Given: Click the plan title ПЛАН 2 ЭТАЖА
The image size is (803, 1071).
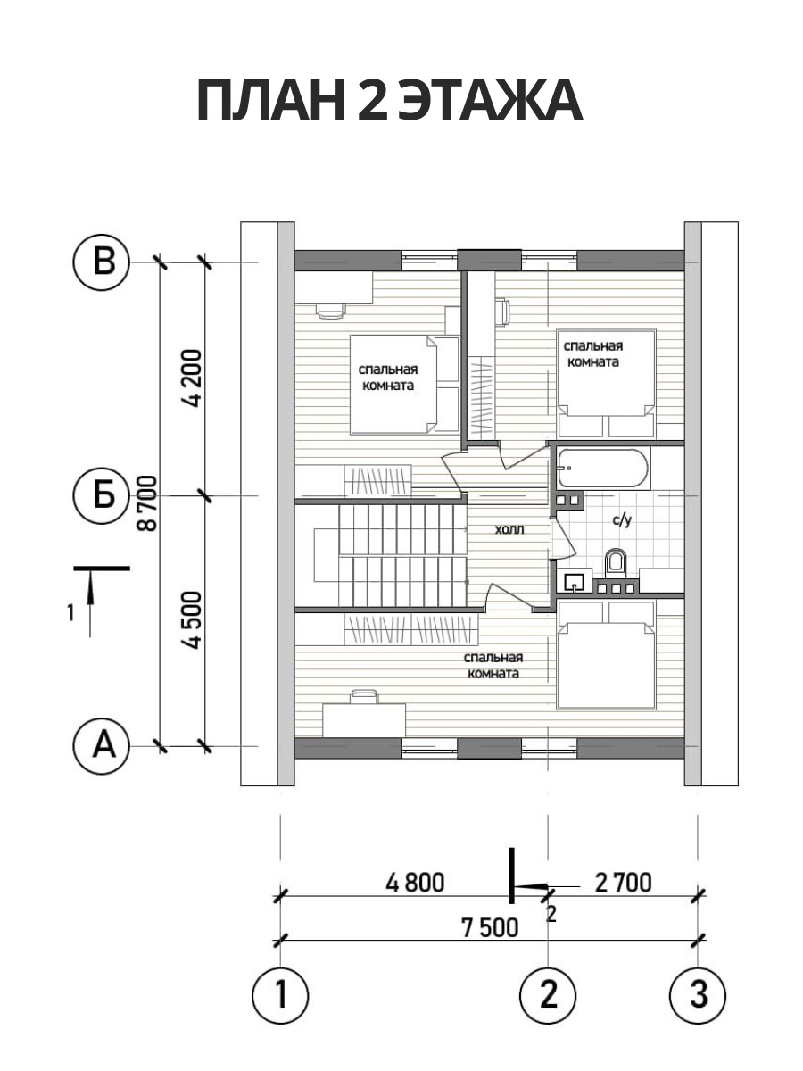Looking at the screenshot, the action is click(x=390, y=100).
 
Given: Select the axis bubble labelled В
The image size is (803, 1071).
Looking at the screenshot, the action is click(x=102, y=263).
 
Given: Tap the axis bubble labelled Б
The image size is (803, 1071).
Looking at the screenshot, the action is click(x=102, y=496).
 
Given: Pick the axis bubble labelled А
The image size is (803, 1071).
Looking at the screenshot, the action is click(x=102, y=746).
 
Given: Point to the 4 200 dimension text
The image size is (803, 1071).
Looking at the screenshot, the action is click(x=192, y=379).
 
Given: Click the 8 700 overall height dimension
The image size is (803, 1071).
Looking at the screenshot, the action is click(x=149, y=503).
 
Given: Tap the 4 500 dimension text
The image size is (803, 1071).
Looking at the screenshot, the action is click(x=192, y=620).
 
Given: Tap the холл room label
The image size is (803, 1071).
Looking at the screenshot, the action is click(x=509, y=529).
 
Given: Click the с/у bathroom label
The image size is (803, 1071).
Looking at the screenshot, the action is click(x=622, y=520).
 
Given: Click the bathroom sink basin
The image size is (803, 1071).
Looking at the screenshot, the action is click(x=575, y=581).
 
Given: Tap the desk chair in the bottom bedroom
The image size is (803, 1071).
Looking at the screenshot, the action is click(x=364, y=696).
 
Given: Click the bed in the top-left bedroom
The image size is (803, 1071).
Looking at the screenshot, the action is click(x=404, y=385).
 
